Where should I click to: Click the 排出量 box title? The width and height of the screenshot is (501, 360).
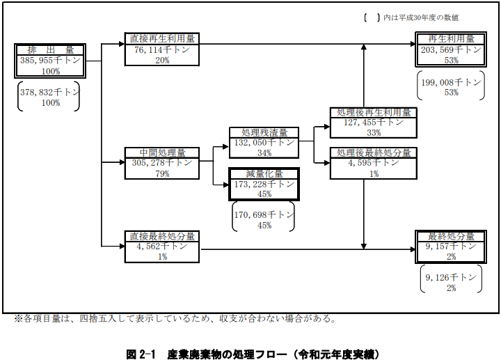pos(51,50)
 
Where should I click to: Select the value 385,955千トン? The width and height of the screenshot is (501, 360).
pos(51,61)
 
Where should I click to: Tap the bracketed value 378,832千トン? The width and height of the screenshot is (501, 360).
pos(49,92)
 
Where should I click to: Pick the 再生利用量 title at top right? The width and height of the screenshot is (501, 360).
pos(452,38)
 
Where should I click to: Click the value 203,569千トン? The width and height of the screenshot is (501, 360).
pos(452,49)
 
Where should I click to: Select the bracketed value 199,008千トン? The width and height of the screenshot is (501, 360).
pos(451,81)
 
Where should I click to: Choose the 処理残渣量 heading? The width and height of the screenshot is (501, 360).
pos(264,132)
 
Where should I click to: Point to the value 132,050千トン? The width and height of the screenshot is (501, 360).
pos(264,142)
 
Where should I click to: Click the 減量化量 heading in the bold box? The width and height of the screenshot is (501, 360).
pos(264,173)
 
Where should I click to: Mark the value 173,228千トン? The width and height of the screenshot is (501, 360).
pos(264,184)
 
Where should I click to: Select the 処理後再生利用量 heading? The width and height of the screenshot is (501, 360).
pos(374,112)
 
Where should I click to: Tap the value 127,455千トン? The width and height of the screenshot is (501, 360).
pos(374,122)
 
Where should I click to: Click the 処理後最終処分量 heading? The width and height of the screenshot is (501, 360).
pos(374,152)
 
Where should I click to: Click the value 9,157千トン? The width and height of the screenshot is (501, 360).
pos(452,246)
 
